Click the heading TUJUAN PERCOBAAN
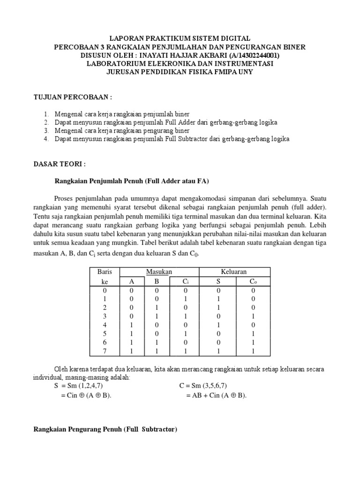pyautogui.click(x=72, y=97)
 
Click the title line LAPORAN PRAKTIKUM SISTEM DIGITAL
pyautogui.click(x=180, y=38)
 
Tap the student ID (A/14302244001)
pyautogui.click(x=252, y=55)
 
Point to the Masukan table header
pyautogui.click(x=159, y=272)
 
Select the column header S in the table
pyautogui.click(x=217, y=281)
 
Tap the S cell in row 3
pyautogui.click(x=217, y=316)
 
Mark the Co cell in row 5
pyautogui.click(x=253, y=333)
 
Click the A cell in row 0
pyautogui.click(x=132, y=290)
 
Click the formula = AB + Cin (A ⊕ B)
pyautogui.click(x=216, y=396)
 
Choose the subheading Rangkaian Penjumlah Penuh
pyautogui.click(x=131, y=181)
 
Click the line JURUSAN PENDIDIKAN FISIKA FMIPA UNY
pyautogui.click(x=180, y=72)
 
